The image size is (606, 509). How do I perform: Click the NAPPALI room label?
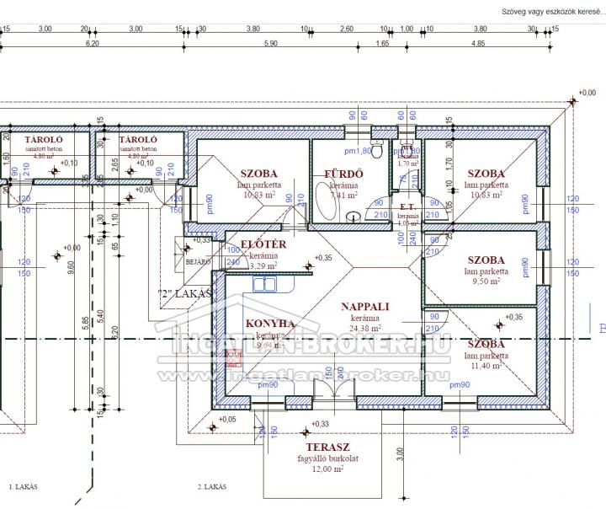pyautogui.click(x=364, y=308)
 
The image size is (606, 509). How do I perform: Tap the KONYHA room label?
pyautogui.click(x=270, y=323)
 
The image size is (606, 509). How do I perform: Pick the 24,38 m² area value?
pyautogui.click(x=364, y=329)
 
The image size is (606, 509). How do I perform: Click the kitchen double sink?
pyautogui.click(x=266, y=285)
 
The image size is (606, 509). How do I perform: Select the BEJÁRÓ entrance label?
pyautogui.click(x=198, y=262)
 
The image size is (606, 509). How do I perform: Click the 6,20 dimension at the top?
pyautogui.click(x=92, y=43)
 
